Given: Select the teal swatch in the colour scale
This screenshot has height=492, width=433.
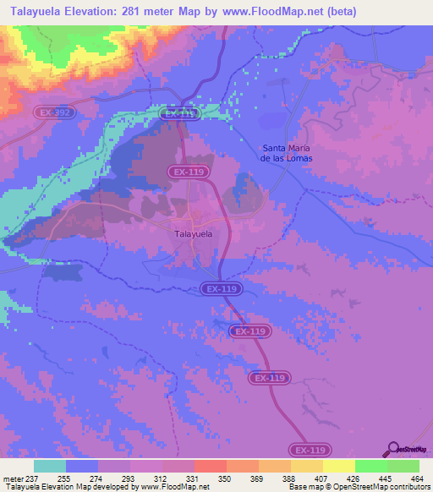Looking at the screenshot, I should click(50, 466).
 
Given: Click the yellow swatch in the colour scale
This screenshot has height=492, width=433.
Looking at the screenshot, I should click(339, 466).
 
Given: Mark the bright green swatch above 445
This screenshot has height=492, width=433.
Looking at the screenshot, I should click(371, 466).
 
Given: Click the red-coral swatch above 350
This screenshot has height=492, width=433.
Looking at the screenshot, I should click(211, 466).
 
